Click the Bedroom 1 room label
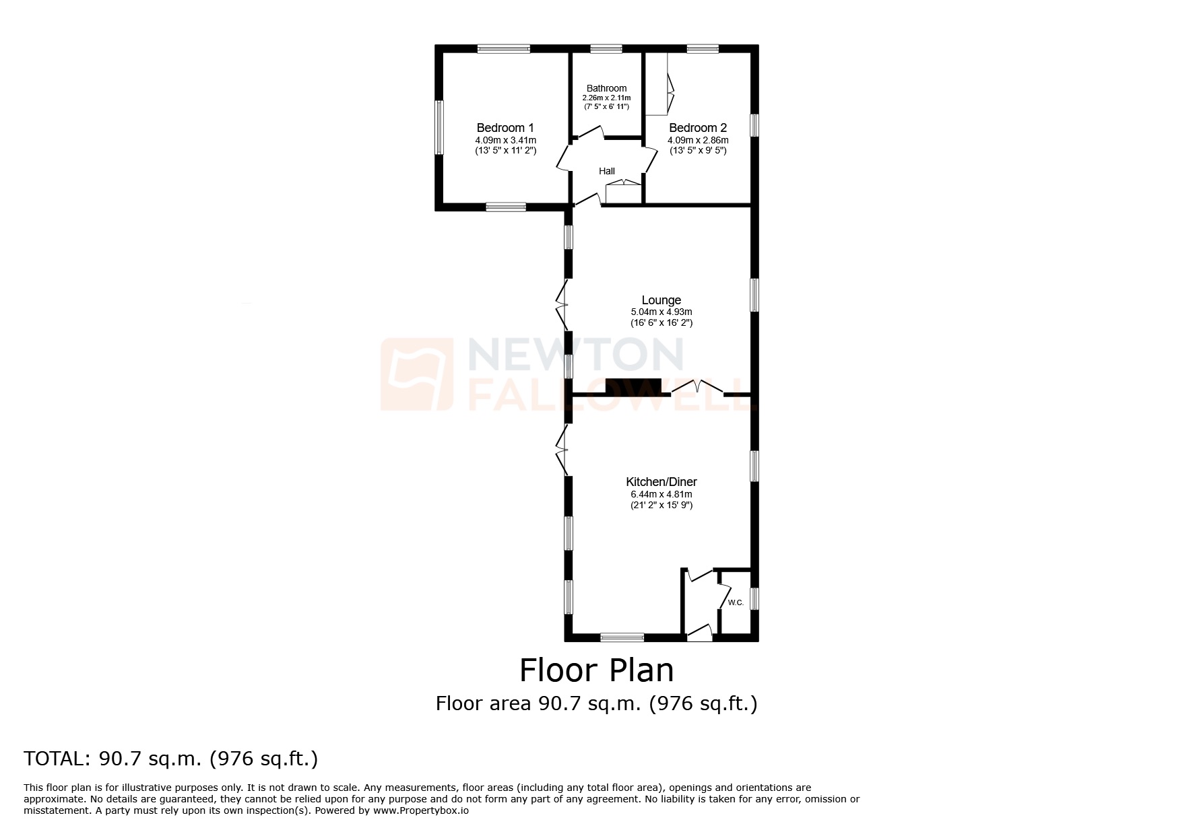[505, 128]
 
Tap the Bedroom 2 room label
[698, 128]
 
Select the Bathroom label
[606, 88]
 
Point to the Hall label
[607, 171]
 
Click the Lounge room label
[662, 300]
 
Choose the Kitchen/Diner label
[662, 482]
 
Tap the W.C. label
[736, 602]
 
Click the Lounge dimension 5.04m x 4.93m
[662, 312]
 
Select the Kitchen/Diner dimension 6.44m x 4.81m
[662, 494]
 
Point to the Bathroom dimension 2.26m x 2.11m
[606, 98]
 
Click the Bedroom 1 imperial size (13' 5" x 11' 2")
[505, 151]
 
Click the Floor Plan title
[596, 670]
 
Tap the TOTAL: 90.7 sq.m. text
[170, 759]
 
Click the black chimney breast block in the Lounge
[633, 386]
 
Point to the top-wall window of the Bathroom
[606, 48]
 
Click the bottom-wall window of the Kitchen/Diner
[622, 637]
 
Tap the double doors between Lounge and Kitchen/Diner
[697, 387]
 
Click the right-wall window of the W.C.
[754, 598]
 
